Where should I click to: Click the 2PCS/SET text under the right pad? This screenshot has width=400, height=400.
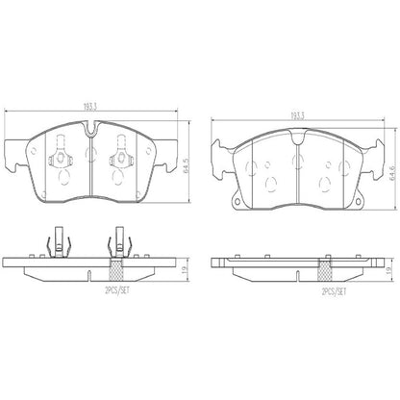309,290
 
